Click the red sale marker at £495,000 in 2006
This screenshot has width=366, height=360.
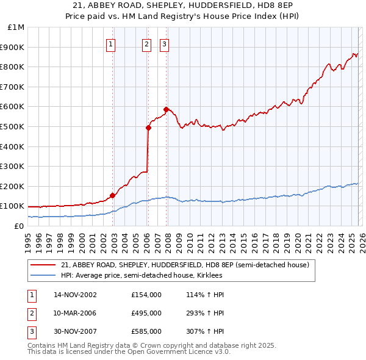click(148, 128)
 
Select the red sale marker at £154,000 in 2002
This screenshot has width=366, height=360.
click(112, 195)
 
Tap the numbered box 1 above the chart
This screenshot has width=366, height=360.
click(110, 43)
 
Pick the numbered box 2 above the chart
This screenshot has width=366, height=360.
click(147, 43)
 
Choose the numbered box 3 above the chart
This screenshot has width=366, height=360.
click(165, 43)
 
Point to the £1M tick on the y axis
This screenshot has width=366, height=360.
click(16, 27)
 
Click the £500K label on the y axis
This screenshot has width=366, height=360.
click(13, 127)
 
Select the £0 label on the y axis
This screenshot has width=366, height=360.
click(18, 226)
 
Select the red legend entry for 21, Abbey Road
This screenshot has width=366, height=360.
click(185, 265)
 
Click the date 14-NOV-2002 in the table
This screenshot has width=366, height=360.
click(75, 295)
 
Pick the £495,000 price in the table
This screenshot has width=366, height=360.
click(146, 313)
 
